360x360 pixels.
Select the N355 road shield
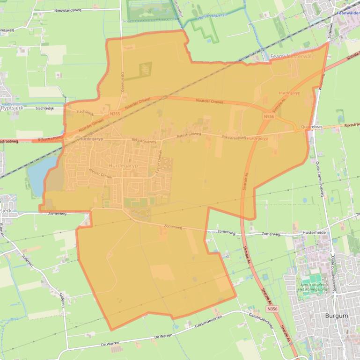point(114,114)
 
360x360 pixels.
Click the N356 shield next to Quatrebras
point(269,116)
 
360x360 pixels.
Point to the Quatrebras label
point(313,127)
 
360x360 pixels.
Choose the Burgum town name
point(336,316)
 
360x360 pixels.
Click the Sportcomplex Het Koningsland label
point(314,287)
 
